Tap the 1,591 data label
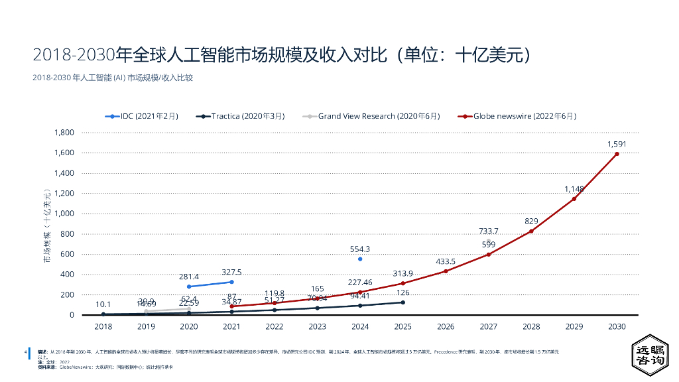[617, 144]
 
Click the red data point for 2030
[617, 154]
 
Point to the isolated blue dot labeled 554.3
[360, 259]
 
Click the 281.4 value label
[189, 277]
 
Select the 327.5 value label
[231, 272]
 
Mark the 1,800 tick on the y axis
[64, 133]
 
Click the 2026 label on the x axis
[446, 326]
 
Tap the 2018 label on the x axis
[103, 326]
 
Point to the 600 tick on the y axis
[67, 254]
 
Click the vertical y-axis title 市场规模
[46, 225]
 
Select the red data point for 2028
[531, 231]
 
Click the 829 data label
[531, 221]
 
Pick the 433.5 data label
[446, 261]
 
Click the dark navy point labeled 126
[403, 302]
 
